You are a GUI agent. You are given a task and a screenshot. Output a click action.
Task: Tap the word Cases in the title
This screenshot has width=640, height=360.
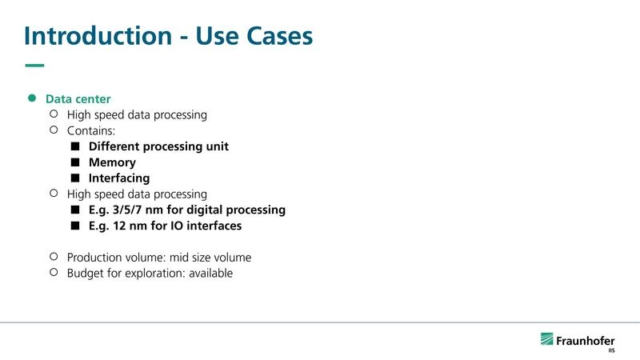click(x=276, y=36)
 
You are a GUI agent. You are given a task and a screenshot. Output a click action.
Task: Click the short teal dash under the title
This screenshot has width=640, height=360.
click(x=34, y=66)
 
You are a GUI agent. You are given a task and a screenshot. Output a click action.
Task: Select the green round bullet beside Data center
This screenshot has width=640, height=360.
click(x=33, y=98)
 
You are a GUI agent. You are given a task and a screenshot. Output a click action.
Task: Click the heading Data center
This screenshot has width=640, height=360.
click(x=78, y=99)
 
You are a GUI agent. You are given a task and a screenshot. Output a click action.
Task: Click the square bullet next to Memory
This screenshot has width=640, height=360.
click(x=75, y=162)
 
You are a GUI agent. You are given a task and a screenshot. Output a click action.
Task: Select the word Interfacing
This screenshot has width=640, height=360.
click(x=119, y=178)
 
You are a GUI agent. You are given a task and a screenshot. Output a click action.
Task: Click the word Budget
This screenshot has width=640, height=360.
click(x=86, y=273)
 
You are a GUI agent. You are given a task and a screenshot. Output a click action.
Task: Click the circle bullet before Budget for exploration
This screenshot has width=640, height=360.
click(x=54, y=272)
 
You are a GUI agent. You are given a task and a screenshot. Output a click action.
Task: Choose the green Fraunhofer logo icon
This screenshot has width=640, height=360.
click(x=548, y=339)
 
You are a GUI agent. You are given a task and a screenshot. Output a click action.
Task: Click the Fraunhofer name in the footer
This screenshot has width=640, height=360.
click(x=586, y=340)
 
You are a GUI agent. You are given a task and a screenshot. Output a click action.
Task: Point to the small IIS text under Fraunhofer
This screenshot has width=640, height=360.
click(x=611, y=350)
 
